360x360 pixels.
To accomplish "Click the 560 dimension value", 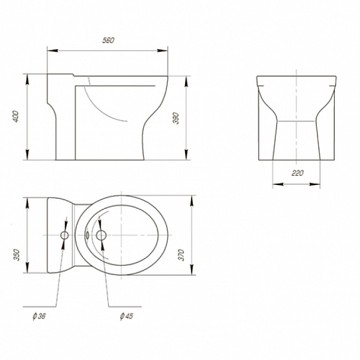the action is point(108,40).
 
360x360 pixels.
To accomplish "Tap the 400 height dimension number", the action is point(15,117).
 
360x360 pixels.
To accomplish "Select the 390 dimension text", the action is point(176,118).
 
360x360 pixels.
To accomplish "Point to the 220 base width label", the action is point(298,173).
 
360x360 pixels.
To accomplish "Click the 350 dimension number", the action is point(17,255).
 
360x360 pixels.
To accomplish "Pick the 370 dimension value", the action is point(182,255).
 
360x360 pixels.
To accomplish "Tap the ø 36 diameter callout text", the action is point(39,316).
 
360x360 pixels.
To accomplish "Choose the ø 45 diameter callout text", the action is point(127,316).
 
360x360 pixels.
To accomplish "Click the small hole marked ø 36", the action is point(64,235).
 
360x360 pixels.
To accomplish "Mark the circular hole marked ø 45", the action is point(101,235).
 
